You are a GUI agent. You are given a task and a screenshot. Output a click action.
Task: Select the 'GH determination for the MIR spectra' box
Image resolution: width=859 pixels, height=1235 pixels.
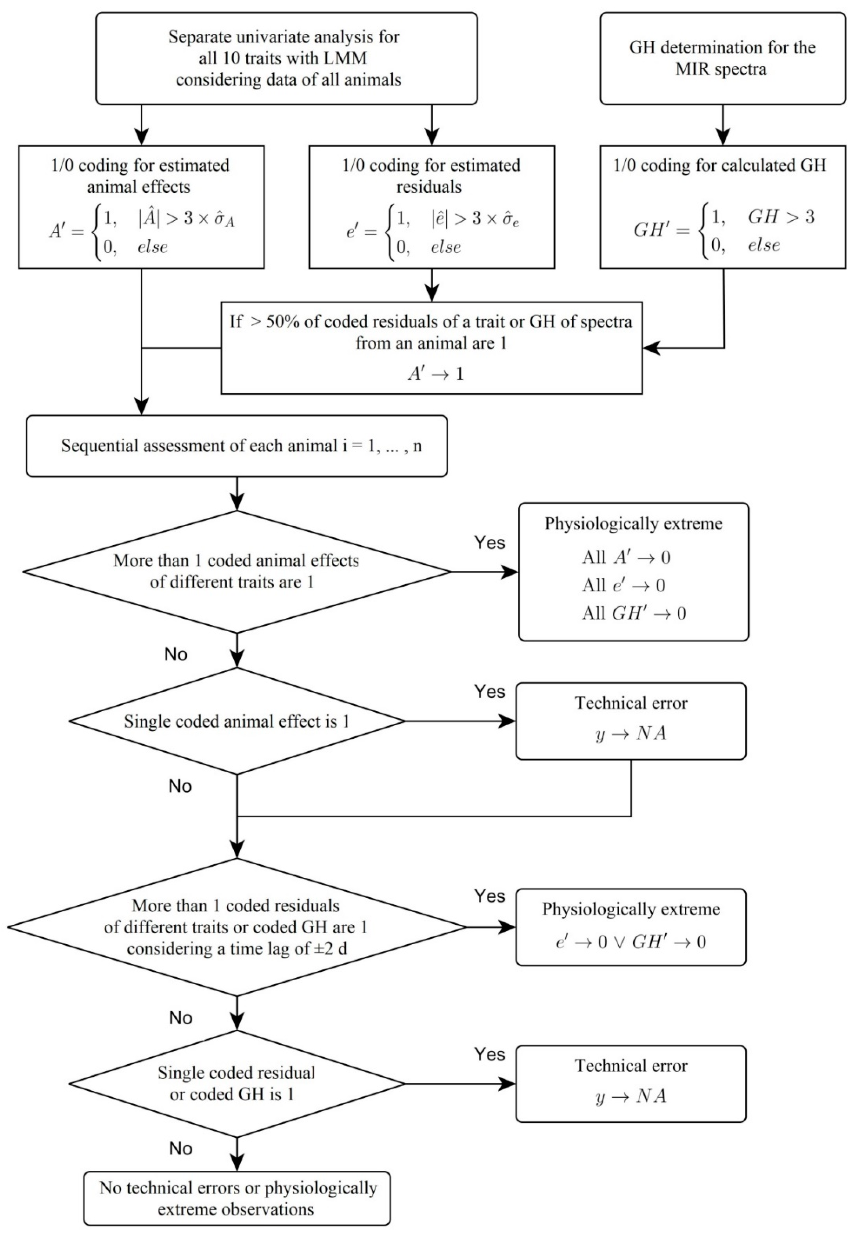(x=722, y=58)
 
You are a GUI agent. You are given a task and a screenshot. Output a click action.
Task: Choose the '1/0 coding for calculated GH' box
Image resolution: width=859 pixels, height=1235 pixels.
(x=722, y=207)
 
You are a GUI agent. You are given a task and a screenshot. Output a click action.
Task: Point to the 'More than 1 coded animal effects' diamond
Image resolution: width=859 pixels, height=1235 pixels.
(x=237, y=571)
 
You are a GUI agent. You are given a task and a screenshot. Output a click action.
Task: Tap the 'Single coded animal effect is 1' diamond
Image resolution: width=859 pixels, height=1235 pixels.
(x=237, y=721)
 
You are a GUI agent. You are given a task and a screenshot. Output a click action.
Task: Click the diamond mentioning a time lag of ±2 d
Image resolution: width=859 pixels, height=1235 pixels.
(x=237, y=927)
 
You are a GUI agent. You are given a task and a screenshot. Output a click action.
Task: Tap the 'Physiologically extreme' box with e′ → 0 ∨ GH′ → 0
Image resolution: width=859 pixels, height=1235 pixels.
(x=630, y=927)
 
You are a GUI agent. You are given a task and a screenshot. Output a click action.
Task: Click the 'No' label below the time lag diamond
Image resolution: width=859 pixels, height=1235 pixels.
(x=181, y=1018)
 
